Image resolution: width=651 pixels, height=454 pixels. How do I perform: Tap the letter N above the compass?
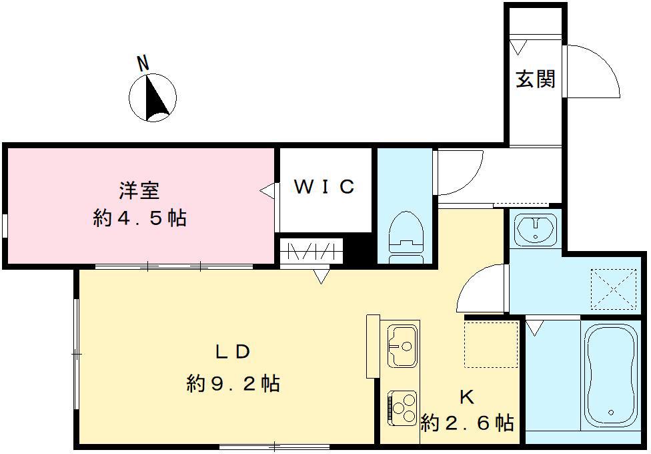142,63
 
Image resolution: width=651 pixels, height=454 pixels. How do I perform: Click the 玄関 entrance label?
536,79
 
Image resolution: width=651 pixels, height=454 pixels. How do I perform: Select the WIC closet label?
324,188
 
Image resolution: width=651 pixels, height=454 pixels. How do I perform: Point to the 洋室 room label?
139,191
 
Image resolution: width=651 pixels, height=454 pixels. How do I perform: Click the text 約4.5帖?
139,218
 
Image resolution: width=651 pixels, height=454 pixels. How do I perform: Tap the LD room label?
232,352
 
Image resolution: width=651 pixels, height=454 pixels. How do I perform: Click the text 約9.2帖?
233,384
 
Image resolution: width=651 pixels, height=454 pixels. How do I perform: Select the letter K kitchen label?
466,397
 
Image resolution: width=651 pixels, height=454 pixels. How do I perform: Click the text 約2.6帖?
467,423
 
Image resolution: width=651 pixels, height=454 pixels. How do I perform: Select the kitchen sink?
403,345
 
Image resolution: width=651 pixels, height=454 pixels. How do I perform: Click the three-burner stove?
402,407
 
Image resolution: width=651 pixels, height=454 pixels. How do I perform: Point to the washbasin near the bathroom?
537,229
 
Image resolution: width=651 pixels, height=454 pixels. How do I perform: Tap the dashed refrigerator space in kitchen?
491,345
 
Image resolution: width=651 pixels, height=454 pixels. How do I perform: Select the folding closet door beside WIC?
311,252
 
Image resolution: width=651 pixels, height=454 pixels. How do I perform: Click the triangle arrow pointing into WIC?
267,192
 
